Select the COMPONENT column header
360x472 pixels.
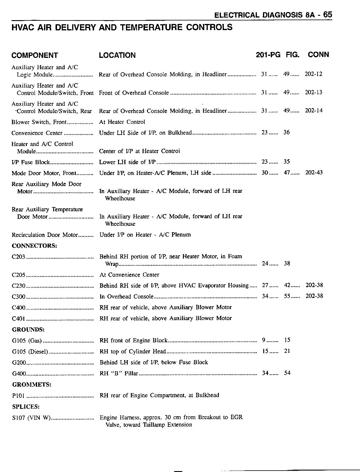pyautogui.click(x=34, y=55)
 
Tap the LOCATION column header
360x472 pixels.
pyautogui.click(x=117, y=55)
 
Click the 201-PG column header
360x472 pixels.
pyautogui.click(x=268, y=55)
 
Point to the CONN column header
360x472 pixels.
pyautogui.click(x=318, y=55)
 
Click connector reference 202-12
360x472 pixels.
pyautogui.click(x=314, y=74)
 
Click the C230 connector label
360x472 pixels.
pyautogui.click(x=19, y=286)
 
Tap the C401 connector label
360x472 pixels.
pyautogui.click(x=19, y=319)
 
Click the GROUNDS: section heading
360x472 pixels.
pyautogui.click(x=28, y=329)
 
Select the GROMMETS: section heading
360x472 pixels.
pyautogui.click(x=32, y=384)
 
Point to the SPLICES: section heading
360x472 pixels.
pyautogui.click(x=26, y=407)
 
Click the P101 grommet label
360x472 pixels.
pyautogui.click(x=18, y=396)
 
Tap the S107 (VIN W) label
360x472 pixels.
pyautogui.click(x=31, y=418)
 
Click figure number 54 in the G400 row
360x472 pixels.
pyautogui.click(x=287, y=373)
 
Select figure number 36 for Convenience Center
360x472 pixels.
pyautogui.click(x=287, y=133)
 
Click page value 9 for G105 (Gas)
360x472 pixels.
pyautogui.click(x=264, y=340)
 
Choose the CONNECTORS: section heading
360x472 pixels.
pyautogui.click(x=34, y=246)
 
